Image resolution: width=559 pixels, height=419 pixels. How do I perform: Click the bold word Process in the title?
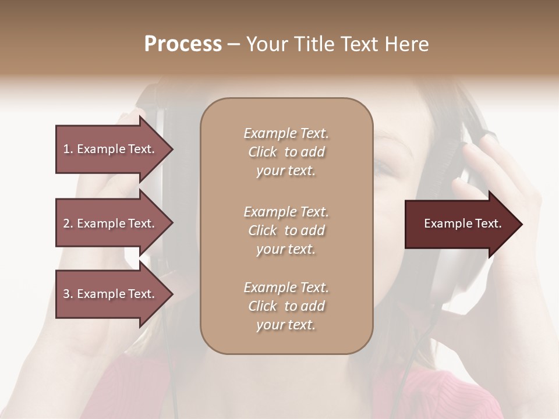pos(183,44)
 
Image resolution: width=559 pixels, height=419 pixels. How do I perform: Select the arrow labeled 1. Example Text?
pos(111,149)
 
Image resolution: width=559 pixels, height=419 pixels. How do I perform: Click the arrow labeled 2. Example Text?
pos(111,223)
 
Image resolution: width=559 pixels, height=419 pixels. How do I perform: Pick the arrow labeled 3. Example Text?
pos(111,294)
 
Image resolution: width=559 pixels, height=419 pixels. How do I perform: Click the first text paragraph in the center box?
pos(286,152)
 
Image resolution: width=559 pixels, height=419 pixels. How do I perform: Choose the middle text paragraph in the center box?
pos(286,230)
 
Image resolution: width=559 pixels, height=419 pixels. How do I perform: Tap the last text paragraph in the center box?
pos(286,306)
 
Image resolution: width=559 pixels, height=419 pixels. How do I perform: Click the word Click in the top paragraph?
pos(263,152)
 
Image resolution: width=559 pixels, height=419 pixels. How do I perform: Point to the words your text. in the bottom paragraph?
pos(286,325)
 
